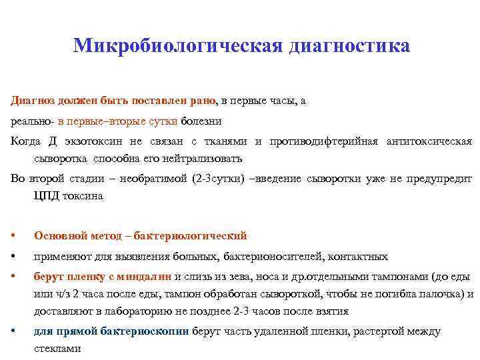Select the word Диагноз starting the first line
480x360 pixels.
coord(31,101)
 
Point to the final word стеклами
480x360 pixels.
coord(57,349)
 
